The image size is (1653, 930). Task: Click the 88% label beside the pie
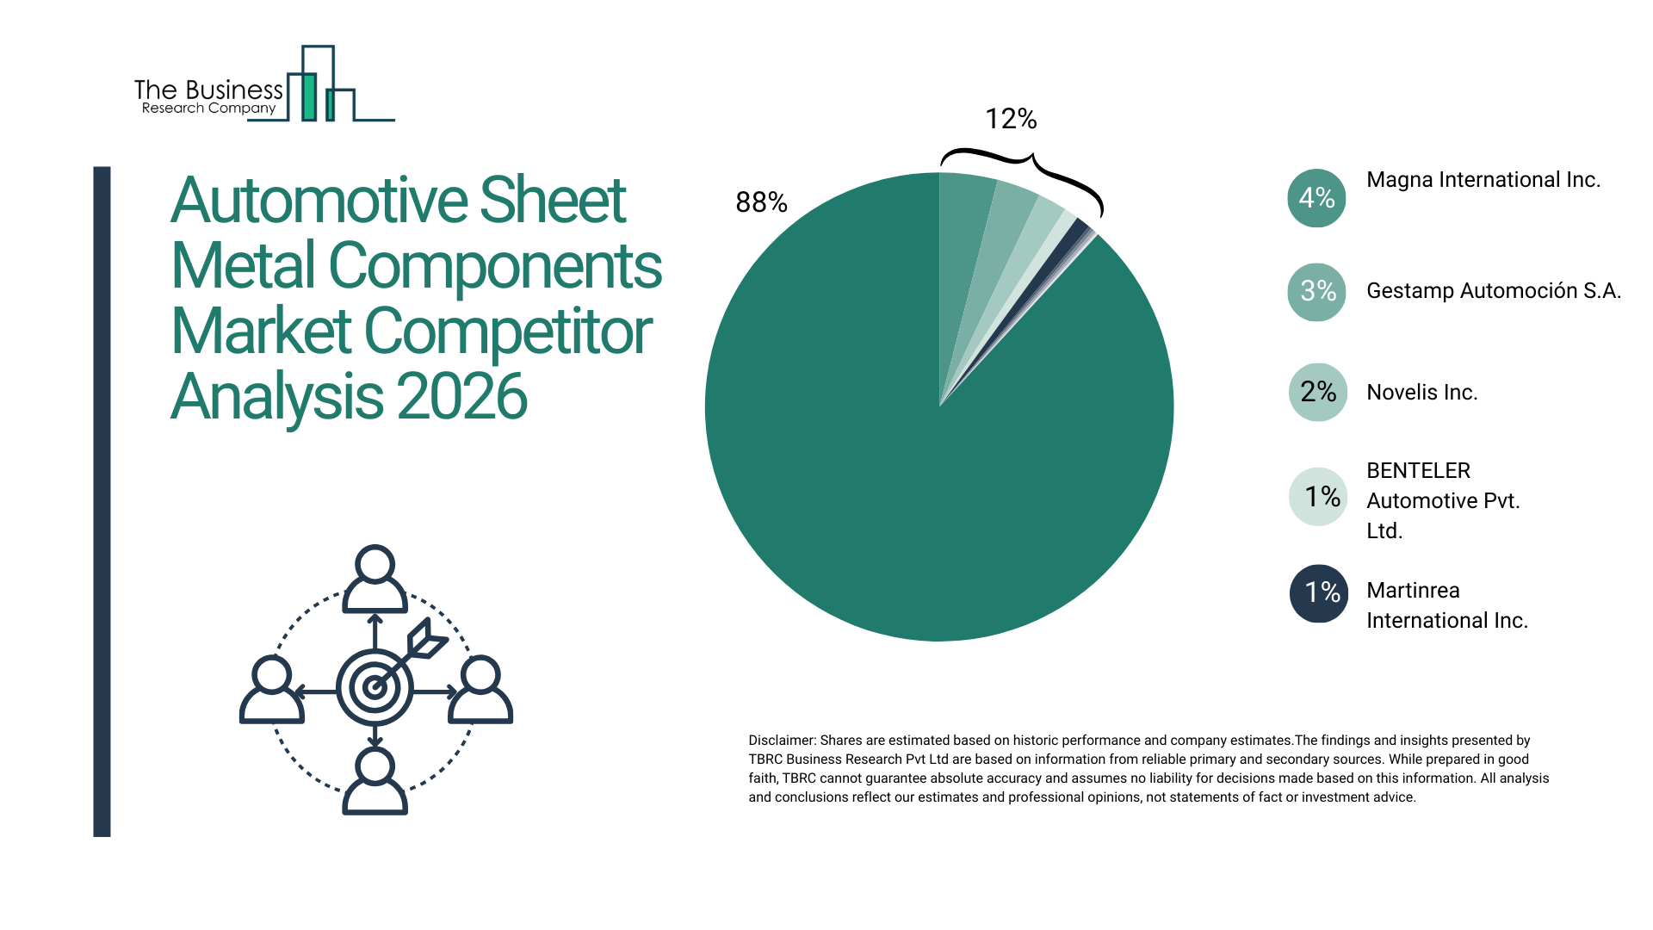761,202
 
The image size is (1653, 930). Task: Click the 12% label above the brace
1011,119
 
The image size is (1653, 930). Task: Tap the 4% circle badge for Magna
1316,198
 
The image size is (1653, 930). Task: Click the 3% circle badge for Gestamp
1316,291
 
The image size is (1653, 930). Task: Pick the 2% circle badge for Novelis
1317,392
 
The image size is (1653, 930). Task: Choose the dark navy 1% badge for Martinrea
1318,592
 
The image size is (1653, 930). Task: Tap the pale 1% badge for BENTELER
1318,496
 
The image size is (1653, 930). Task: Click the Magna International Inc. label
1483,179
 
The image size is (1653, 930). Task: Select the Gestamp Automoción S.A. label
1493,290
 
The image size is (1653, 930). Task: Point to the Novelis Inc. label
1421,392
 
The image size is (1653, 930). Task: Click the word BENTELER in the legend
1418,470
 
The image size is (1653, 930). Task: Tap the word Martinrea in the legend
1413,590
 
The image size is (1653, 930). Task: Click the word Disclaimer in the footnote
781,740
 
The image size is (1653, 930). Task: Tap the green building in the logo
308,96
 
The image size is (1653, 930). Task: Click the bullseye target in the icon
375,687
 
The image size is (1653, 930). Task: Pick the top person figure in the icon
375,579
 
